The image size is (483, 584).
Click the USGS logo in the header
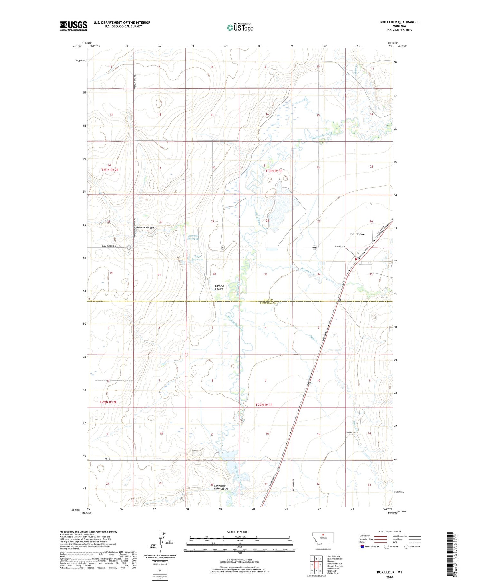tap(73, 26)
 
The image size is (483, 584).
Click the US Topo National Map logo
tap(240, 27)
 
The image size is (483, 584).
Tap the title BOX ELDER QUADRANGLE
tap(399, 22)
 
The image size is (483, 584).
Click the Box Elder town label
tap(357, 234)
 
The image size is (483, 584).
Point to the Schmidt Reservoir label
tap(193, 237)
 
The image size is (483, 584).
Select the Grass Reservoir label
tap(197, 258)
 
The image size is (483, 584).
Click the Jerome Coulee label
tap(145, 227)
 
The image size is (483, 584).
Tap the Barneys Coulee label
tap(219, 287)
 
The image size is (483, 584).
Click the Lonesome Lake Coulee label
tap(221, 487)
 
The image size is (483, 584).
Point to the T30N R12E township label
tap(110, 170)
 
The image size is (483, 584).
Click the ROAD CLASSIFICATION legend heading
tap(390, 531)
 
